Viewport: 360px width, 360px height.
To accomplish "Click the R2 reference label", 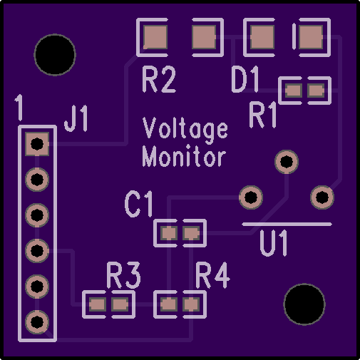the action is [159, 79].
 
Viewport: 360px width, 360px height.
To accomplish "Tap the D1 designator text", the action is [245, 79].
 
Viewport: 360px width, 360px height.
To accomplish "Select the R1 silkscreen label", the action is [263, 115].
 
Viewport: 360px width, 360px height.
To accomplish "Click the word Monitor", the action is [184, 156].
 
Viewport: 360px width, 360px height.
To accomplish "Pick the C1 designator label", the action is [139, 205].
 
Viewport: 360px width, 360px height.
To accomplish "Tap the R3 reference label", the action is [124, 275].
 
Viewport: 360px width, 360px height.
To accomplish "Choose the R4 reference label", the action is [212, 275].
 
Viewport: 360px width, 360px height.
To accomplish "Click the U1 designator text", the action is [274, 243].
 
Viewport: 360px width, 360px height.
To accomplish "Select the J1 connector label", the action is [76, 118].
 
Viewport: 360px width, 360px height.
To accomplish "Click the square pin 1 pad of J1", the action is [37, 144].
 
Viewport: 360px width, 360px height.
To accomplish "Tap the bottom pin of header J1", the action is [37, 322].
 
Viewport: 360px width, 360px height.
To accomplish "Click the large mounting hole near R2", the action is [55, 55].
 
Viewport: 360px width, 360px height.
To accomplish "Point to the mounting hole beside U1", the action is [304, 304].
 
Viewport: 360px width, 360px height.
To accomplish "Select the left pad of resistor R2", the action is [155, 37].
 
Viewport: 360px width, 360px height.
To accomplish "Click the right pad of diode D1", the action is [311, 37].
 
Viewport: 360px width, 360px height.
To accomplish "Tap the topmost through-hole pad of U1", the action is [287, 162].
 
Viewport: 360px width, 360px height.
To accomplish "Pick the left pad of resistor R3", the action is [98, 304].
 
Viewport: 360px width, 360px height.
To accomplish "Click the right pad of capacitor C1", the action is [191, 233].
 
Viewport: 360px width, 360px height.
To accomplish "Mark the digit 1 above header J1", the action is [19, 107].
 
